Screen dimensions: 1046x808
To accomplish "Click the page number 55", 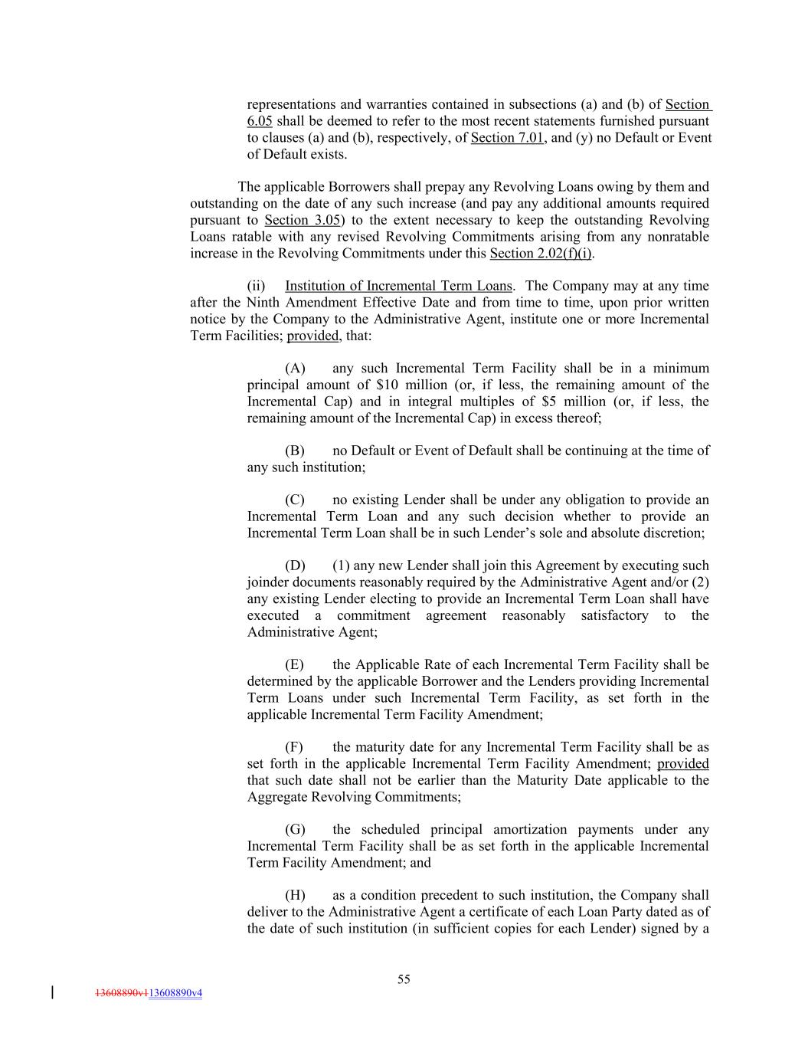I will point(404,979).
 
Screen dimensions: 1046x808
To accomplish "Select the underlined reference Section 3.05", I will point(302,220).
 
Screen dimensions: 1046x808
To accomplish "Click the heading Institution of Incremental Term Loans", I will point(398,286).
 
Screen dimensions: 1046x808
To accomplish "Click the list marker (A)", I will point(295,369).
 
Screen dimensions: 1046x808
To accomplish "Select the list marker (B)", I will point(295,451).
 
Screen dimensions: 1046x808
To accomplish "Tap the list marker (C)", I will point(295,500).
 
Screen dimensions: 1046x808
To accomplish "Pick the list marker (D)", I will point(295,566).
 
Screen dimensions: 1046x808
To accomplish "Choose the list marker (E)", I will point(295,664).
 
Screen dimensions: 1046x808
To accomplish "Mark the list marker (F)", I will point(294,747).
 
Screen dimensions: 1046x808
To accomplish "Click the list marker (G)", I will point(295,829).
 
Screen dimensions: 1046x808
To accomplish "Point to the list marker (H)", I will point(295,895).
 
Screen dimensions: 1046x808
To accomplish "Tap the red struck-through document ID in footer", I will point(121,993).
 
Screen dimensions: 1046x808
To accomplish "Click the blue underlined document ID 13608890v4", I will point(175,993).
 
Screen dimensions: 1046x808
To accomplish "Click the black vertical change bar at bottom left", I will point(52,992).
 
